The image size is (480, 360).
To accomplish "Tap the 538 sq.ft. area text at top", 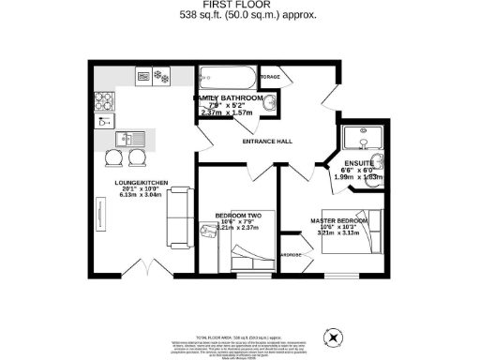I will click(x=239, y=16).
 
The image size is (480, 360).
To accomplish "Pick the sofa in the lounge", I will click(x=178, y=214).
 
